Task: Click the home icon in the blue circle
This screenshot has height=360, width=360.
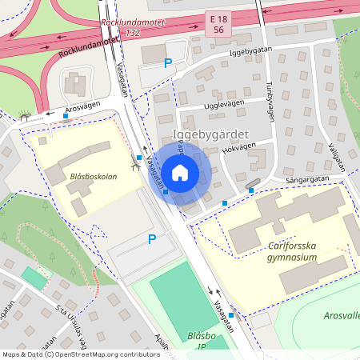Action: tap(179, 172)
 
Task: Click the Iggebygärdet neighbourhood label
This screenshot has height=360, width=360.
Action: tap(211, 134)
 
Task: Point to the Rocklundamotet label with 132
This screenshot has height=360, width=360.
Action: tap(133, 27)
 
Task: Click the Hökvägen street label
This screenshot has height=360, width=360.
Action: tap(239, 147)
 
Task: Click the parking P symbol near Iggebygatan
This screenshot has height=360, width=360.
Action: tap(168, 63)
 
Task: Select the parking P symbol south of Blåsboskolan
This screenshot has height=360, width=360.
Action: tap(151, 238)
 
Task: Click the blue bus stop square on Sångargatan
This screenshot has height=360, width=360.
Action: tap(251, 190)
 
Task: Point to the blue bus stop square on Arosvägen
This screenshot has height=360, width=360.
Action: tap(66, 117)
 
